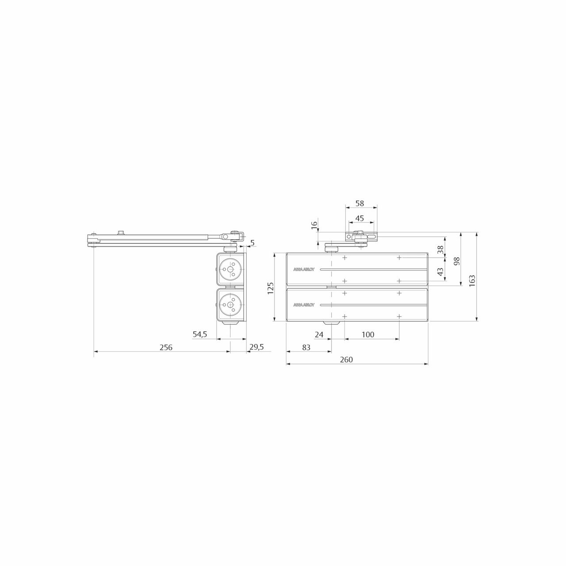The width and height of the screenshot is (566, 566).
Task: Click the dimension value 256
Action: pos(166,347)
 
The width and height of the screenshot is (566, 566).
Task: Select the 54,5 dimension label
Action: pos(200,334)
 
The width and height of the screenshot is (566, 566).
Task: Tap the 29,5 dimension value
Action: pos(256,347)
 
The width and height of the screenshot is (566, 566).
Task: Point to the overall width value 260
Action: pos(346,359)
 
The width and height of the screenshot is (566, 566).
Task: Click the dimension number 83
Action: pos(306,347)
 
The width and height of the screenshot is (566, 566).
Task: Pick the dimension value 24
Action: pos(319,335)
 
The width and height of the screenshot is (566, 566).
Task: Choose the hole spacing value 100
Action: pos(368,335)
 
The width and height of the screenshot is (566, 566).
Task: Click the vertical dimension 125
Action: pos(271,288)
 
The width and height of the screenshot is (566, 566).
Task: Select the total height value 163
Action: pos(472,281)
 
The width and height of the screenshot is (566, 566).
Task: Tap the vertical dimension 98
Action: pos(456,261)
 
